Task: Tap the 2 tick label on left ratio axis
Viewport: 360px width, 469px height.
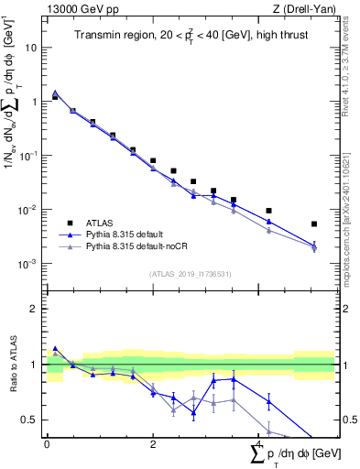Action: pyautogui.click(x=35, y=309)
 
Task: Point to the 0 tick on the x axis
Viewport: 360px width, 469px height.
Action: pyautogui.click(x=47, y=442)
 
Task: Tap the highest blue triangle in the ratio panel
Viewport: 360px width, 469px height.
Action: pyautogui.click(x=55, y=349)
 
